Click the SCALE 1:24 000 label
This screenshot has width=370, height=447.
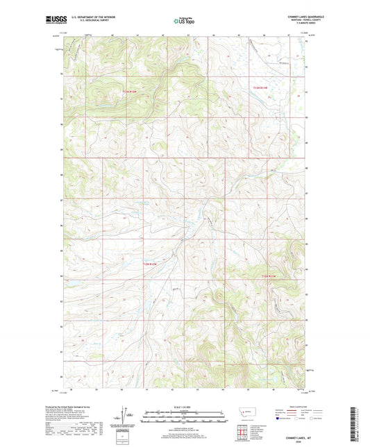[185, 407]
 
